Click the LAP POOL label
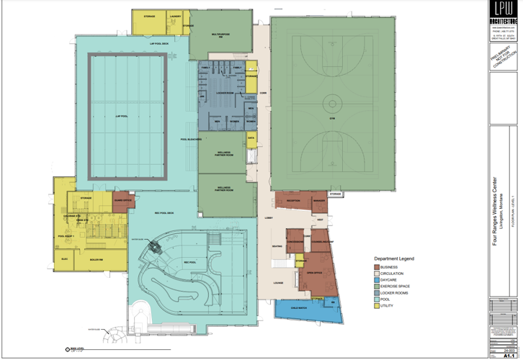(x=120, y=115)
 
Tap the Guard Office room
(x=123, y=202)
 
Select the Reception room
(x=293, y=201)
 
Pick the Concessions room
(x=295, y=241)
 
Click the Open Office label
(x=313, y=273)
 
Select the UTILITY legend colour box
(x=377, y=306)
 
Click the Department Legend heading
(x=394, y=258)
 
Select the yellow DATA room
(x=251, y=138)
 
